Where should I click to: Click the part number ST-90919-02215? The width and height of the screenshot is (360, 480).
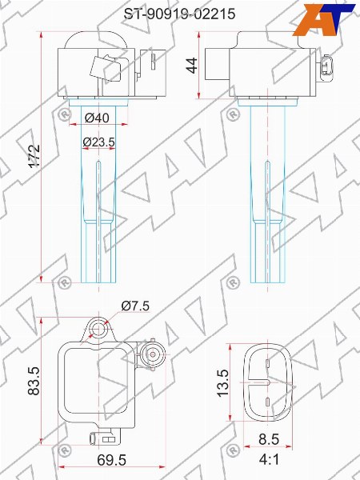[179, 14]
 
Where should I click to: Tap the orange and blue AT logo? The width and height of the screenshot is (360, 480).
[323, 20]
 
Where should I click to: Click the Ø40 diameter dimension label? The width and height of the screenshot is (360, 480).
[97, 118]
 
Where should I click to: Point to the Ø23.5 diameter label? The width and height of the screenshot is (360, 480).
[98, 142]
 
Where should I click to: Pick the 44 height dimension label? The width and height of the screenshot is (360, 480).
[192, 66]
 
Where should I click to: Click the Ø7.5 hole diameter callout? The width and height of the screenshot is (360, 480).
[135, 306]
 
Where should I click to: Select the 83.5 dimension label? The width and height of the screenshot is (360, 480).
[34, 381]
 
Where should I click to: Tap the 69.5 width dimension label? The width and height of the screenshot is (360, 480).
[111, 460]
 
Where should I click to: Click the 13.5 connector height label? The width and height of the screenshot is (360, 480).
[223, 382]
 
